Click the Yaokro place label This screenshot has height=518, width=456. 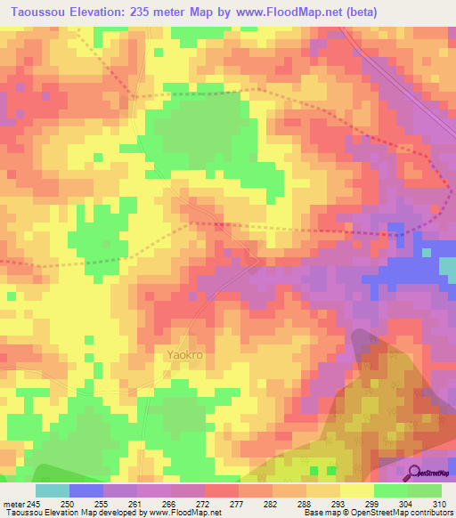(185, 354)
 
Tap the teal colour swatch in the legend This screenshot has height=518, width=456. (53, 490)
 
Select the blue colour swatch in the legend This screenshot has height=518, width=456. (86, 490)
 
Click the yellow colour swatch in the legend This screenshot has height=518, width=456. (357, 490)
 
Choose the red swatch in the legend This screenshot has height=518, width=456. (222, 490)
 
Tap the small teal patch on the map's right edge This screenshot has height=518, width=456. (448, 263)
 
